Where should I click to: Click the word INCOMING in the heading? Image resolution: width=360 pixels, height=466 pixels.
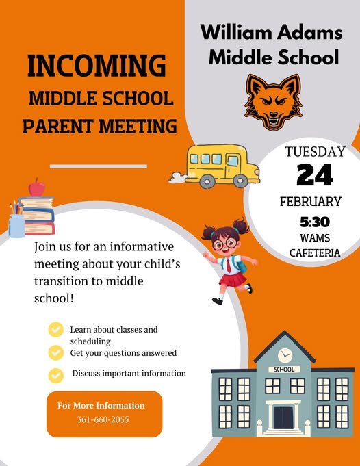[x=97, y=66]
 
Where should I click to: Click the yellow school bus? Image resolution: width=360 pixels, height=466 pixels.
[x=219, y=166]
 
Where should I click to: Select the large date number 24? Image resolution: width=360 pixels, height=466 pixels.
[x=315, y=176]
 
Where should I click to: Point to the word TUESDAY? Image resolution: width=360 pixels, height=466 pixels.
[x=315, y=152]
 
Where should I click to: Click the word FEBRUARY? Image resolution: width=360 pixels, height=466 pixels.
[x=310, y=202]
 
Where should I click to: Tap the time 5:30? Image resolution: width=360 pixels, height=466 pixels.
[x=315, y=222]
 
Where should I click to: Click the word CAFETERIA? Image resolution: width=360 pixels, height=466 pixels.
[x=315, y=253]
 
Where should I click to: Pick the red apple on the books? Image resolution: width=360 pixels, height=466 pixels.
[x=36, y=187]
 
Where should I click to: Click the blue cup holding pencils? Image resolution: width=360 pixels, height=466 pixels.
[x=17, y=224]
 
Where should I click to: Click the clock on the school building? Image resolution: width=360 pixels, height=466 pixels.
[x=285, y=354]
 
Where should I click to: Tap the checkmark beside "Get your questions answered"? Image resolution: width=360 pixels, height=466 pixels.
[x=55, y=352]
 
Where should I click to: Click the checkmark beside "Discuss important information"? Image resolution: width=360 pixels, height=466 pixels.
[x=55, y=374]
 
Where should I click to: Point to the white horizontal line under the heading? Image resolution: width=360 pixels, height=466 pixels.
[x=99, y=166]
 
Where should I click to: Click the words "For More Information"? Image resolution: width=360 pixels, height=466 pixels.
[x=101, y=405]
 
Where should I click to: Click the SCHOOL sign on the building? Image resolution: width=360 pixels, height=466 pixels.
[x=284, y=370]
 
